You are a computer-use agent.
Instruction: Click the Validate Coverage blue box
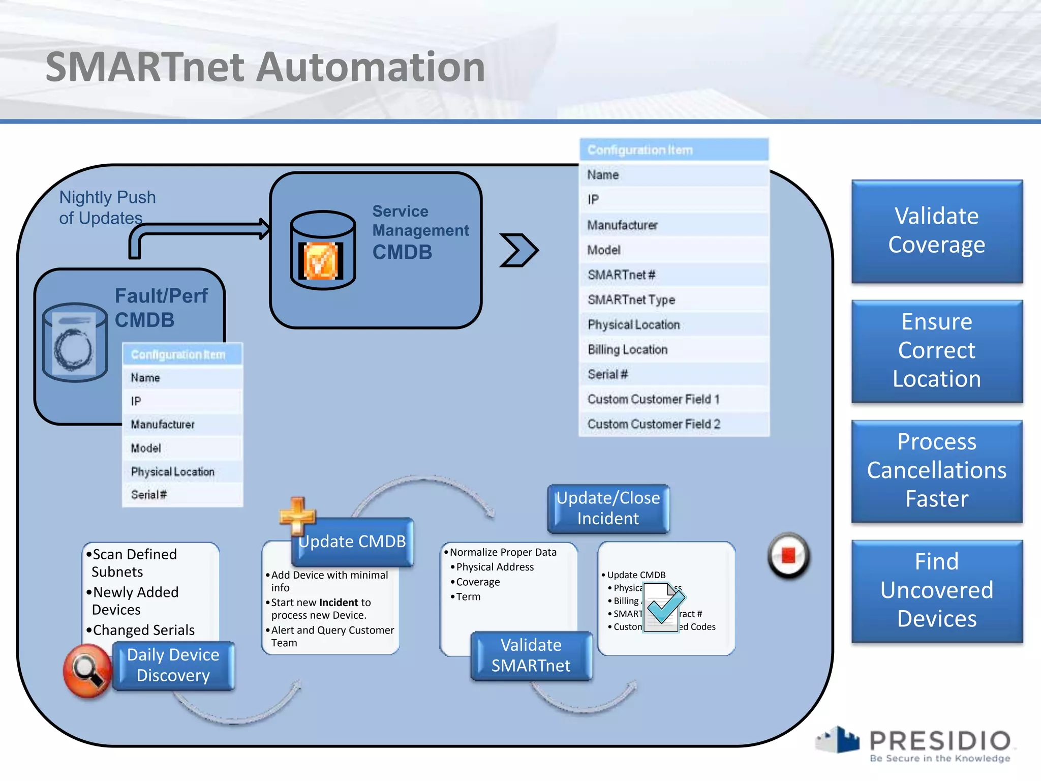[936, 231]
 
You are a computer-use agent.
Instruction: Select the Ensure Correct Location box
[936, 351]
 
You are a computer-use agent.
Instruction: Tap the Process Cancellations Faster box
[936, 471]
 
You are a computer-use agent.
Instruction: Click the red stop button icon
[788, 555]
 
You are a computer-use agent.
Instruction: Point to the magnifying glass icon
[87, 670]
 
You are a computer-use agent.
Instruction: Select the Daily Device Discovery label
[173, 665]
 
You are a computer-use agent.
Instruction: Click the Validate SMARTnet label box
[531, 655]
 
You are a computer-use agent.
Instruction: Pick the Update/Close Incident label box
[608, 508]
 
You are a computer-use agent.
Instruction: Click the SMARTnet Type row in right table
[673, 300]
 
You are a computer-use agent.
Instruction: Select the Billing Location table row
[673, 350]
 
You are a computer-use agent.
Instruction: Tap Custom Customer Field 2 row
[673, 424]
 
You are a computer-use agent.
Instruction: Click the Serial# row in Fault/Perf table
[182, 495]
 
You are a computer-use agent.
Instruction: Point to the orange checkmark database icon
[321, 261]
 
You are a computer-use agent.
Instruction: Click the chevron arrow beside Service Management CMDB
[518, 250]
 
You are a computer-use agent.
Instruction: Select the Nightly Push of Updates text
[107, 207]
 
